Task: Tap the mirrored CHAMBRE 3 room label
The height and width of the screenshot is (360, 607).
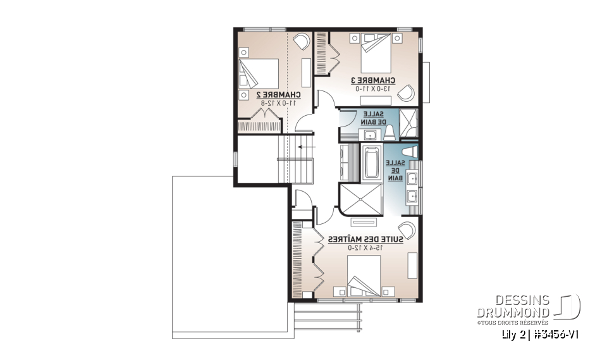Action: tap(373, 80)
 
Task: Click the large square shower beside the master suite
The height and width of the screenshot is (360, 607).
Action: tap(362, 200)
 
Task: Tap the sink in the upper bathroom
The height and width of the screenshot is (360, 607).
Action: tap(368, 134)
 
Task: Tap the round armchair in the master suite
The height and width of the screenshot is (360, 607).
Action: tap(407, 230)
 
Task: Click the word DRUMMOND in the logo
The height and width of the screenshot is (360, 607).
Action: tap(513, 312)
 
